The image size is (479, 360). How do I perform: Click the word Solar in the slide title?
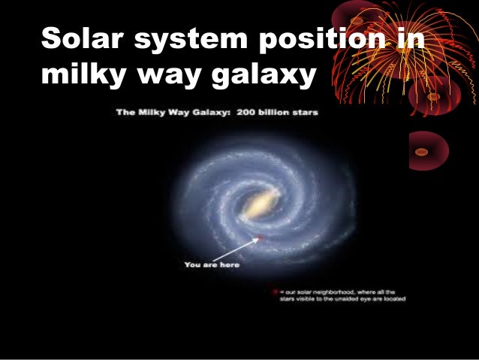point(80,41)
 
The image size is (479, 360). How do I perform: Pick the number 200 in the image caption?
point(248,113)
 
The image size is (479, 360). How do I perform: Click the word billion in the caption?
point(275,113)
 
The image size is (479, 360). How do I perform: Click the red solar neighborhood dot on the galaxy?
point(260,238)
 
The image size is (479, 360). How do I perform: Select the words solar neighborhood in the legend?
point(316,291)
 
